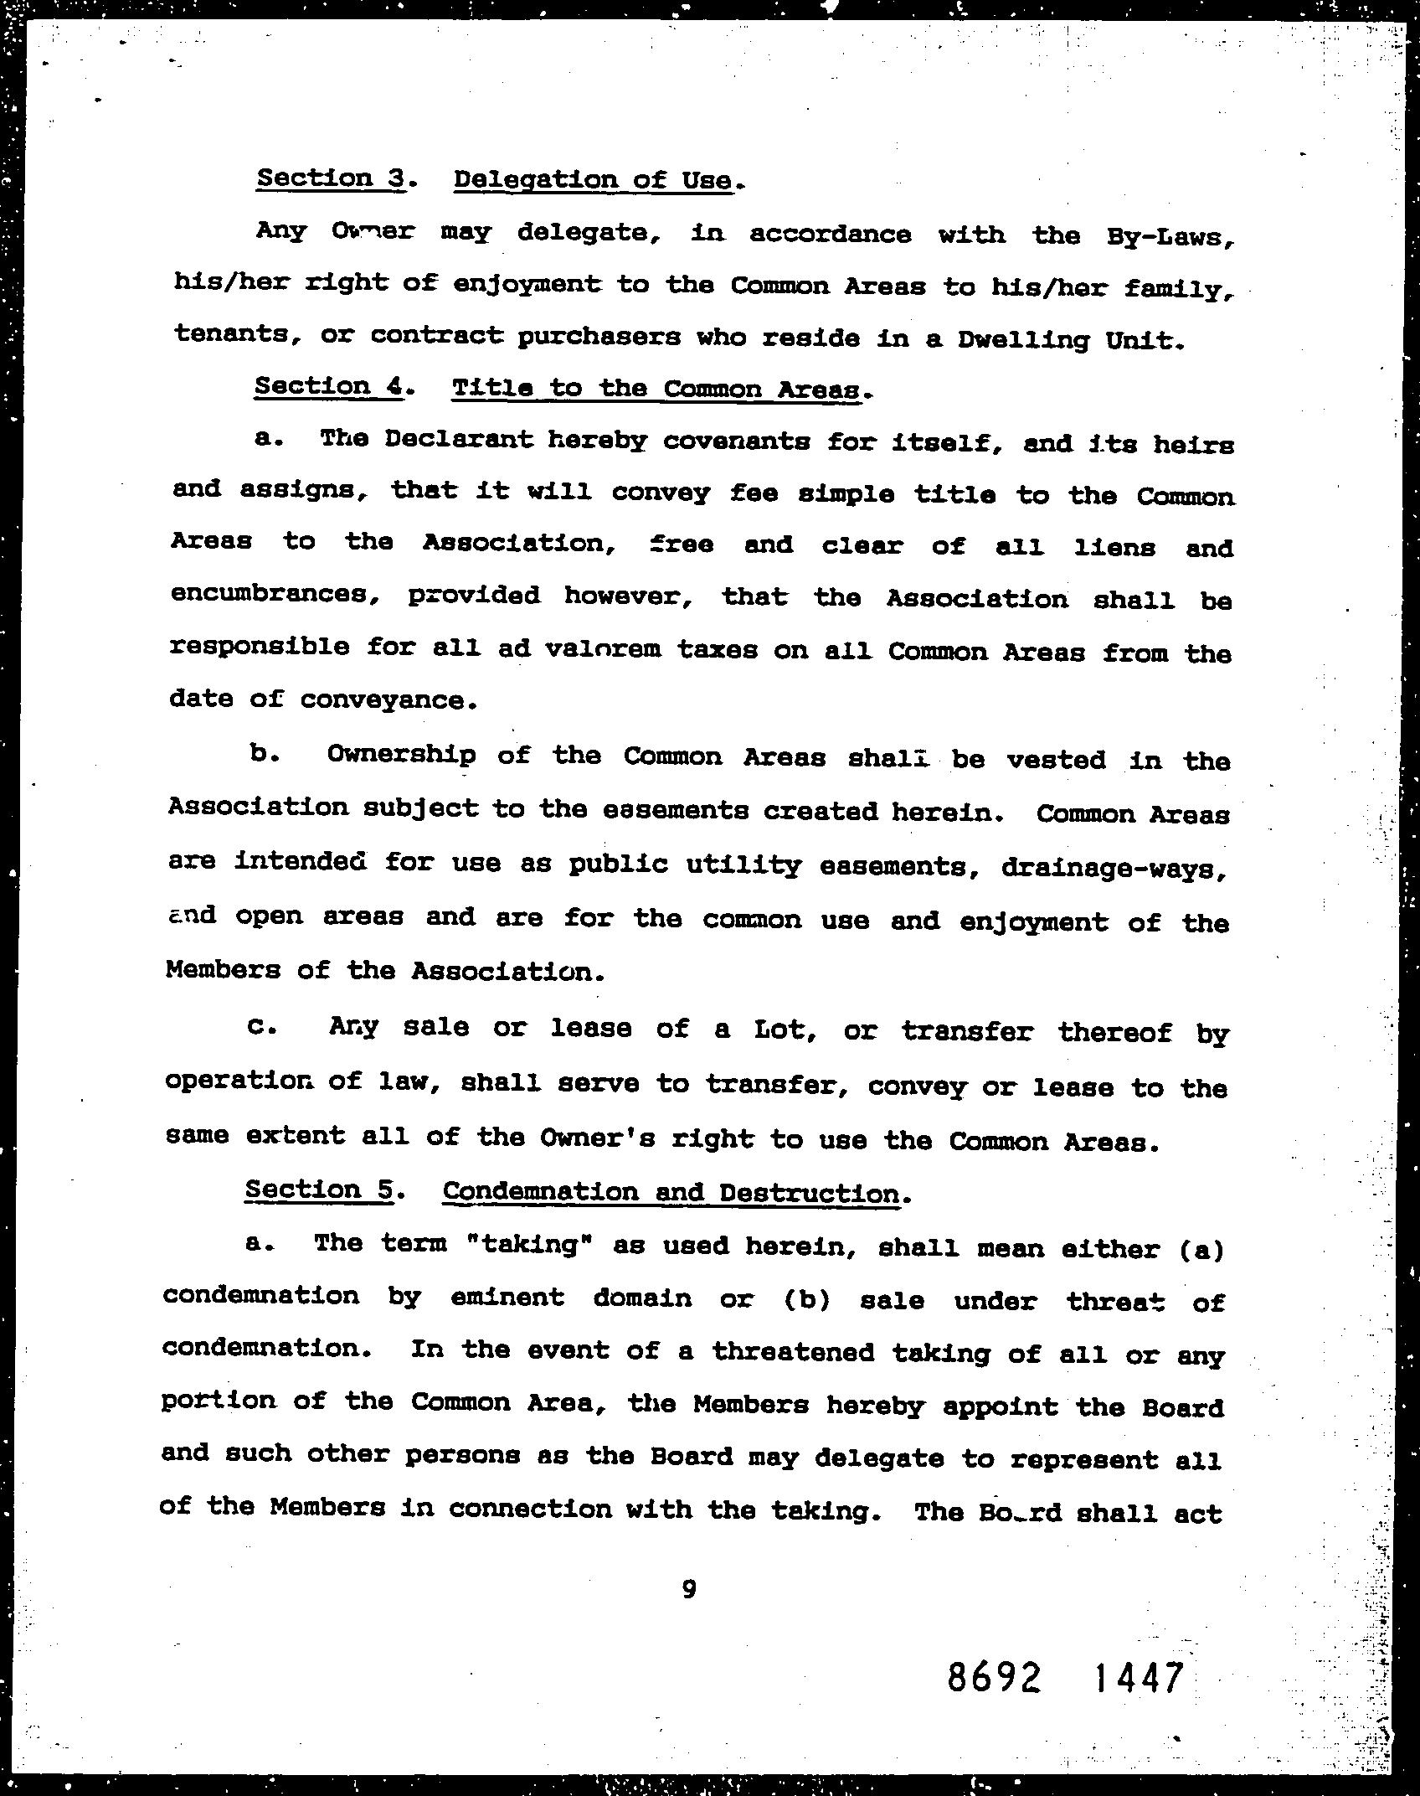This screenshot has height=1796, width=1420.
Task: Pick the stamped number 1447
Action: [x=1140, y=1678]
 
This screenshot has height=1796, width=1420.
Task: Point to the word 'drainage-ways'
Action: [x=1114, y=868]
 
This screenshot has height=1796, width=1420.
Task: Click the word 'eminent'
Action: [x=507, y=1298]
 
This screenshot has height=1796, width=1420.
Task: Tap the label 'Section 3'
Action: [x=331, y=178]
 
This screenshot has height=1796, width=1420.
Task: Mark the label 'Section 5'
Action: [x=319, y=1190]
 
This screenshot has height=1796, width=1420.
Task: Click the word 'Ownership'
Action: [x=401, y=756]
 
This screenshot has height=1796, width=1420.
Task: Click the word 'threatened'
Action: [x=793, y=1352]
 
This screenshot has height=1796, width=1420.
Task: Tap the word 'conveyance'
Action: [x=388, y=699]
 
